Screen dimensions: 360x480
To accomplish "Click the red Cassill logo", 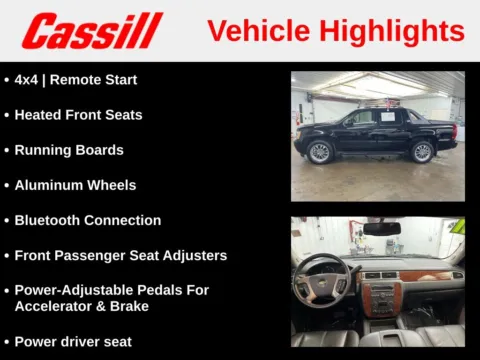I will click(x=92, y=31).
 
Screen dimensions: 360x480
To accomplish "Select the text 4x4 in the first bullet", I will click(x=26, y=80).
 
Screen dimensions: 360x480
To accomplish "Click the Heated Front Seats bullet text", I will click(x=78, y=115).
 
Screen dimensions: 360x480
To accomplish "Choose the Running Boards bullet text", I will click(x=69, y=150).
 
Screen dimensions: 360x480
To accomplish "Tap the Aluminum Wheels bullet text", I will click(x=75, y=185).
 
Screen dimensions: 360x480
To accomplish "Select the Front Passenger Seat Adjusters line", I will click(x=120, y=255).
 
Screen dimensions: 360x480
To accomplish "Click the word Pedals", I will click(x=181, y=290).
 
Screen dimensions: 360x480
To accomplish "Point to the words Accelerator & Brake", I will click(x=81, y=306).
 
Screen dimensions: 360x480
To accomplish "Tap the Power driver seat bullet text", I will click(x=73, y=341).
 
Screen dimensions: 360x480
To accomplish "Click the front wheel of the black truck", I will click(x=320, y=151).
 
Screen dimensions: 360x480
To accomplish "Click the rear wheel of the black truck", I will click(x=423, y=151).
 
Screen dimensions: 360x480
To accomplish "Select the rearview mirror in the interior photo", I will click(x=381, y=229).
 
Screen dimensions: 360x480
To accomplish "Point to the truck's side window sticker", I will click(x=358, y=118).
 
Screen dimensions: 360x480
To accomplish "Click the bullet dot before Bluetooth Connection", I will click(x=7, y=220).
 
